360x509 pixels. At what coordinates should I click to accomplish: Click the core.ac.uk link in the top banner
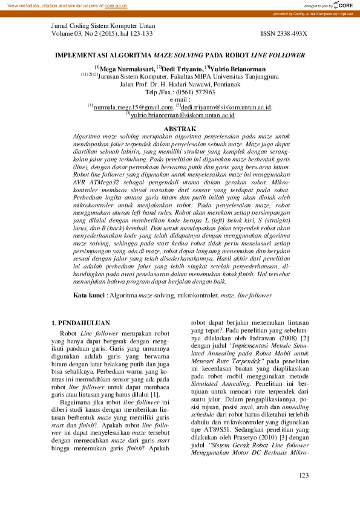pos(116,5)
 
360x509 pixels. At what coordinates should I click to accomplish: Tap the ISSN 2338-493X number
pos(284,34)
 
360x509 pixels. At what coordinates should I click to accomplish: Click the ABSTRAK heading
pos(180,129)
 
